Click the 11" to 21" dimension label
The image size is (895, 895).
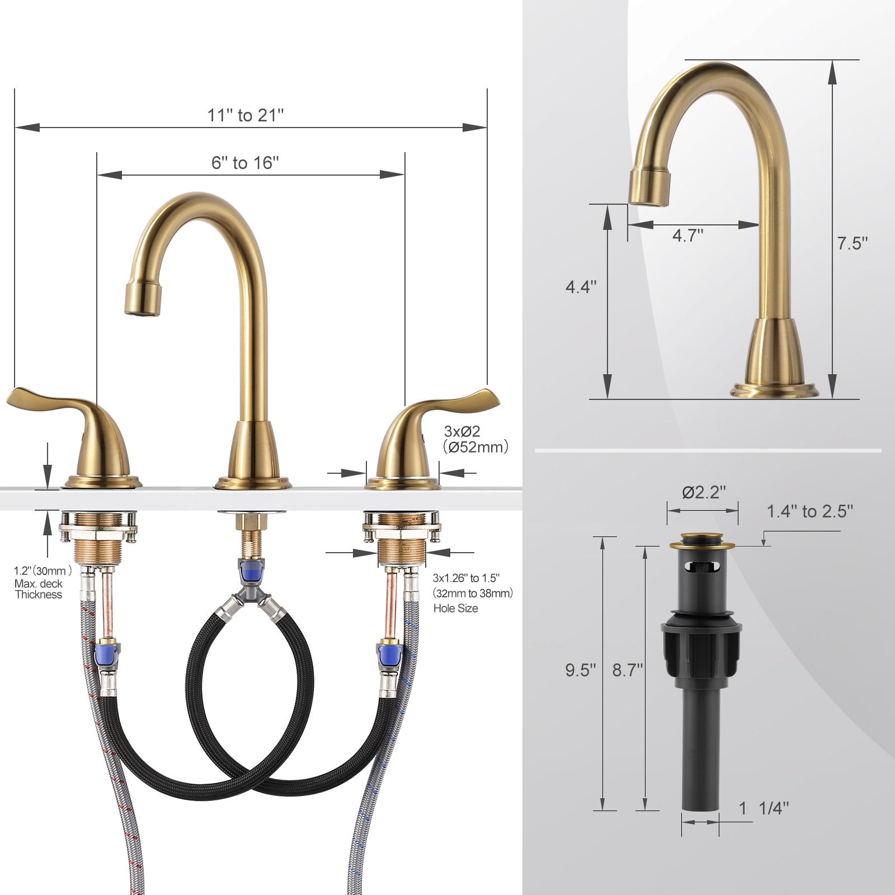coord(246,115)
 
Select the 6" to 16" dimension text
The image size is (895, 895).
coord(245,163)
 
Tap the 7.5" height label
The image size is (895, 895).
coord(852,243)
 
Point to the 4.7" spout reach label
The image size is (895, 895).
coord(687,235)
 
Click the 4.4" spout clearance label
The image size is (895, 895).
coord(581,287)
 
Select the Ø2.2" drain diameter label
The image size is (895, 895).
coord(704,493)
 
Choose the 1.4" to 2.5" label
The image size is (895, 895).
coord(809,511)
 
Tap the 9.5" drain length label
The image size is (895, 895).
coord(581,670)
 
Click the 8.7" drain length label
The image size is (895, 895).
coord(628,670)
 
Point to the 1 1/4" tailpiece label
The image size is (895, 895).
coord(764,808)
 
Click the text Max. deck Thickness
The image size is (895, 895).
coord(39,589)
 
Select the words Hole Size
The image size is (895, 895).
coord(455,609)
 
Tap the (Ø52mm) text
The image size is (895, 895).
coord(475,447)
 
